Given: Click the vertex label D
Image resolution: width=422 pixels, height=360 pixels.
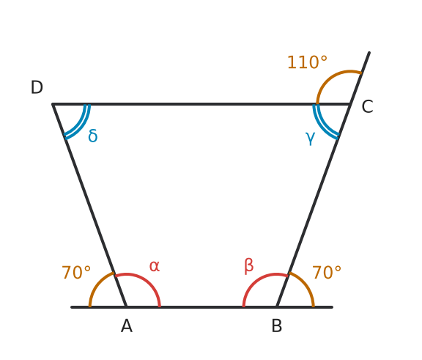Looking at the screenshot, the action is pyautogui.click(x=37, y=87).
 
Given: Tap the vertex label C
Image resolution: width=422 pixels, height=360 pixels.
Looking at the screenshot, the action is pyautogui.click(x=367, y=106).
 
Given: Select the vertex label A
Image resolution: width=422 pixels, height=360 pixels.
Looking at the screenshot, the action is pyautogui.click(x=127, y=326).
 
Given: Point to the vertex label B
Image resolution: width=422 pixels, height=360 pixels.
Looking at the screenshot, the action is pyautogui.click(x=277, y=326).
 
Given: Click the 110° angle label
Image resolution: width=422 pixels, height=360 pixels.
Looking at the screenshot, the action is pyautogui.click(x=308, y=62).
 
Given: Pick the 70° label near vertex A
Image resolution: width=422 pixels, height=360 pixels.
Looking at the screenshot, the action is pyautogui.click(x=76, y=272).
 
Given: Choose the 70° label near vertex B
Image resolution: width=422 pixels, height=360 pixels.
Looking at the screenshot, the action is pyautogui.click(x=327, y=272).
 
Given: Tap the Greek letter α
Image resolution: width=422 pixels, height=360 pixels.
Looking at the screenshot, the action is pyautogui.click(x=155, y=266).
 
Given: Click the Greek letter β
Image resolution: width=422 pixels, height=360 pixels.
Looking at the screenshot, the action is pyautogui.click(x=248, y=266).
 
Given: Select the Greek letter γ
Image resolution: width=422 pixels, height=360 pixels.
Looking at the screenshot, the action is pyautogui.click(x=311, y=138).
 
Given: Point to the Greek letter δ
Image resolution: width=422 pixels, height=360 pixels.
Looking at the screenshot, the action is pyautogui.click(x=93, y=136).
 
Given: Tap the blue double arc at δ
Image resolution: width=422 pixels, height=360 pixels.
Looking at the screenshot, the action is pyautogui.click(x=80, y=126).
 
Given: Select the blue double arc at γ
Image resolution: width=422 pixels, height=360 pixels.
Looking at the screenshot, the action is pyautogui.click(x=322, y=126).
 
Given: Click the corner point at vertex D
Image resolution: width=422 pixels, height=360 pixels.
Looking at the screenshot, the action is pyautogui.click(x=53, y=104).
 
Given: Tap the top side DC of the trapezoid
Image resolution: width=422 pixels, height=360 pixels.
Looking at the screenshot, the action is pyautogui.click(x=201, y=104).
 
